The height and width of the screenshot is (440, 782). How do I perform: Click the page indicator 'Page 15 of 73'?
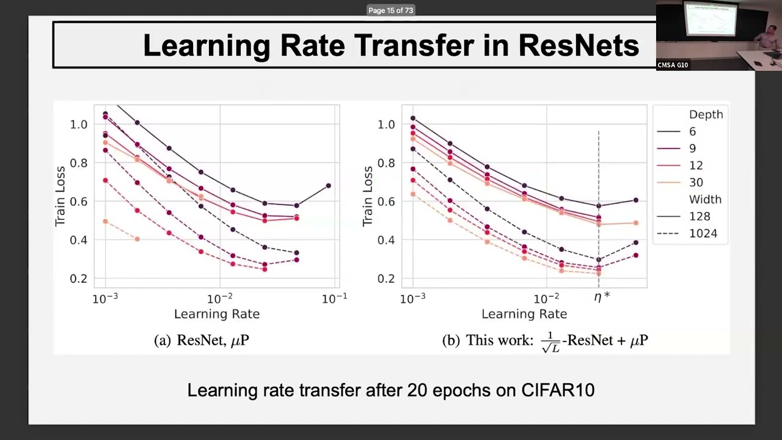(391, 10)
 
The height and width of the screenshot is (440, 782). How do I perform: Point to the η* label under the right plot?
(602, 298)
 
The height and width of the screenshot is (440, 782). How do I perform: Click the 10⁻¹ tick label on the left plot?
(334, 298)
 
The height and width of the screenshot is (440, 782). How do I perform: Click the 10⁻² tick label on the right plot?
(546, 298)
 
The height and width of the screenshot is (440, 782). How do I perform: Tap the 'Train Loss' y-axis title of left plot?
(60, 196)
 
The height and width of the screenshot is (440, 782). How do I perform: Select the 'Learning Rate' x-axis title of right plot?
(524, 314)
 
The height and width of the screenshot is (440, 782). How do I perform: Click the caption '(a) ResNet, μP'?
(202, 340)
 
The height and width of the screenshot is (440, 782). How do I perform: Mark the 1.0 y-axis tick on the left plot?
(79, 124)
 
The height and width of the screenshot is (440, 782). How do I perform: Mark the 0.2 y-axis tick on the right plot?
(387, 279)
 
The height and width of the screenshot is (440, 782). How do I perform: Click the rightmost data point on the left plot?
(329, 186)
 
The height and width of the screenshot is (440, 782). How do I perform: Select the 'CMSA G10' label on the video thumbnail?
(673, 65)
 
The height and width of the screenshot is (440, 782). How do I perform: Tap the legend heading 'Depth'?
(706, 114)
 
